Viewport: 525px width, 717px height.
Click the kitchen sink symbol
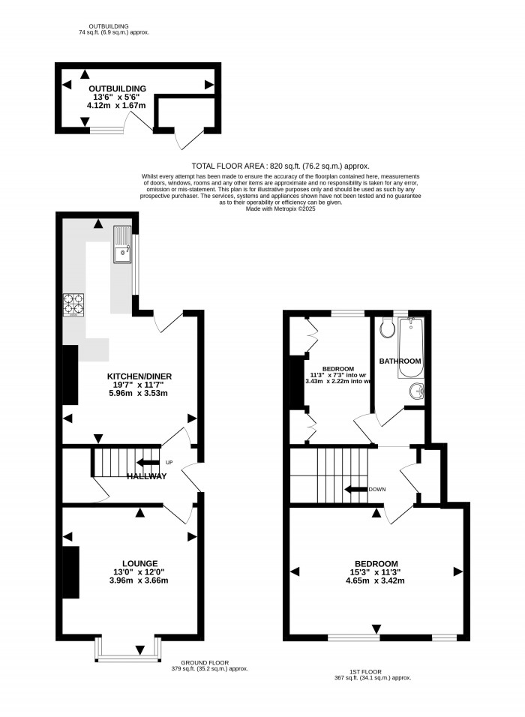coord(121,244)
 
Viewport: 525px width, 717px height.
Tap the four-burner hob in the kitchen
coord(73,302)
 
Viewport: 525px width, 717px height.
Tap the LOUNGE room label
coord(139,563)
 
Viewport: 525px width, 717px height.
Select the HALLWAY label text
coord(146,476)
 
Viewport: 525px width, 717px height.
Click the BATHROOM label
coord(400,361)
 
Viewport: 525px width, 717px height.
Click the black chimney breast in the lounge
coord(71,572)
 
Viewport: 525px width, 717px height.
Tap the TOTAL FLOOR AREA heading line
coord(280,166)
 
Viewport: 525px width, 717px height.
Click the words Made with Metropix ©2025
coord(280,208)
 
